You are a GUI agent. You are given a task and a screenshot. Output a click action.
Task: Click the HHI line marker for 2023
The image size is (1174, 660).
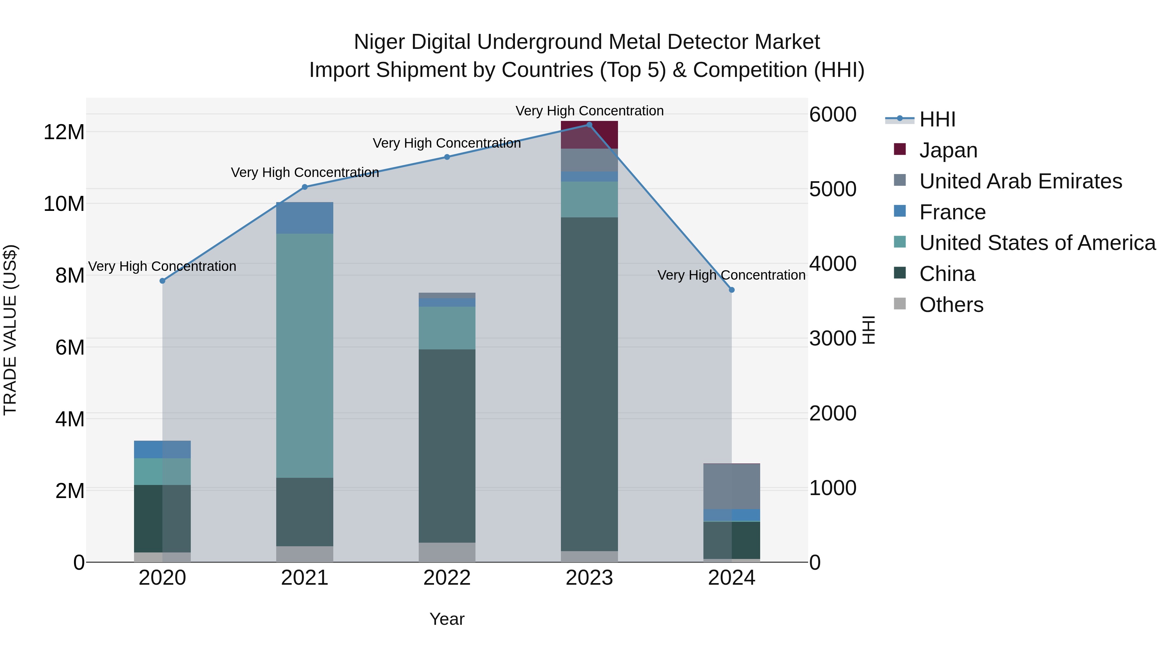[x=589, y=125]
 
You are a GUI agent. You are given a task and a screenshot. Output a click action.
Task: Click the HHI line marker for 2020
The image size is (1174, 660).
[x=162, y=281]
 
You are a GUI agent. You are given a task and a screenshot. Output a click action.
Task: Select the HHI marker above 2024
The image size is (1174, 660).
[x=731, y=290]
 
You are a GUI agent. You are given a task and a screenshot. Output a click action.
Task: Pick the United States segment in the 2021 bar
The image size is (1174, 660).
[x=305, y=355]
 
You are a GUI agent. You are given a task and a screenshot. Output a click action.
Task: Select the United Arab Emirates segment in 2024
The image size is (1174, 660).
[x=731, y=486]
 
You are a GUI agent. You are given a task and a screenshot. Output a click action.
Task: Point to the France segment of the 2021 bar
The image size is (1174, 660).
[x=305, y=218]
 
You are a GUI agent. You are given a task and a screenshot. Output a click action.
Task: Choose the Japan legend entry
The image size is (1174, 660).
[x=948, y=150]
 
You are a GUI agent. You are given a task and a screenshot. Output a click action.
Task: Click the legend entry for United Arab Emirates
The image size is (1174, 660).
[x=1020, y=181]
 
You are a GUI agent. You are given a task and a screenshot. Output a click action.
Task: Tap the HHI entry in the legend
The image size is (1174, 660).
[x=937, y=119]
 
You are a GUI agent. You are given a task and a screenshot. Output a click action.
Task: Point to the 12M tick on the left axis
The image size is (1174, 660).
[x=64, y=132]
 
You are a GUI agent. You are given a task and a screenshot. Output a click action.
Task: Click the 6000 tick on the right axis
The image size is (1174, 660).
[x=833, y=114]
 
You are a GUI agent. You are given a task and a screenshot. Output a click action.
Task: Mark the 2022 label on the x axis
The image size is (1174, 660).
[x=447, y=578]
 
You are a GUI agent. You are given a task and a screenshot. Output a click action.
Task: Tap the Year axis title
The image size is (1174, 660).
[x=447, y=619]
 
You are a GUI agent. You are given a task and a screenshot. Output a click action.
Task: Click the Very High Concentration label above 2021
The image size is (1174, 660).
[x=305, y=173]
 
